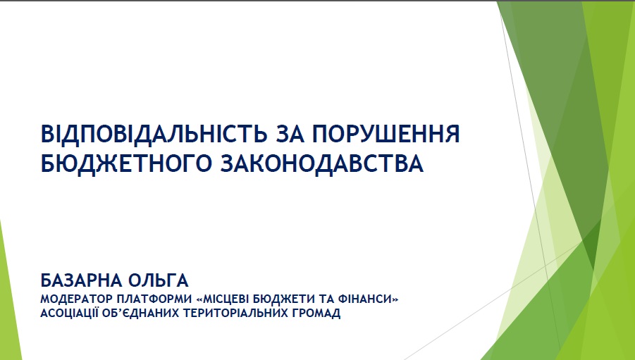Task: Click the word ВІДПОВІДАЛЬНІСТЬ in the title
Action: coord(154,134)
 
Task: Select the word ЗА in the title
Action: coord(290,134)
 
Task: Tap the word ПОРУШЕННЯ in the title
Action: coord(386,134)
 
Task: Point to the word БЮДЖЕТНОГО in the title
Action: coord(126,164)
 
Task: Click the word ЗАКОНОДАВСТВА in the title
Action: coord(322,163)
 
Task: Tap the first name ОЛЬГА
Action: coord(159,280)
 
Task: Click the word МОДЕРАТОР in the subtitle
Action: coord(75,299)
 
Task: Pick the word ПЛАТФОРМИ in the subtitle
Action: coord(154,299)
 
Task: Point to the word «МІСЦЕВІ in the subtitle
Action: coord(222,299)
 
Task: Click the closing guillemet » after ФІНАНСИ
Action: coord(395,299)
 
